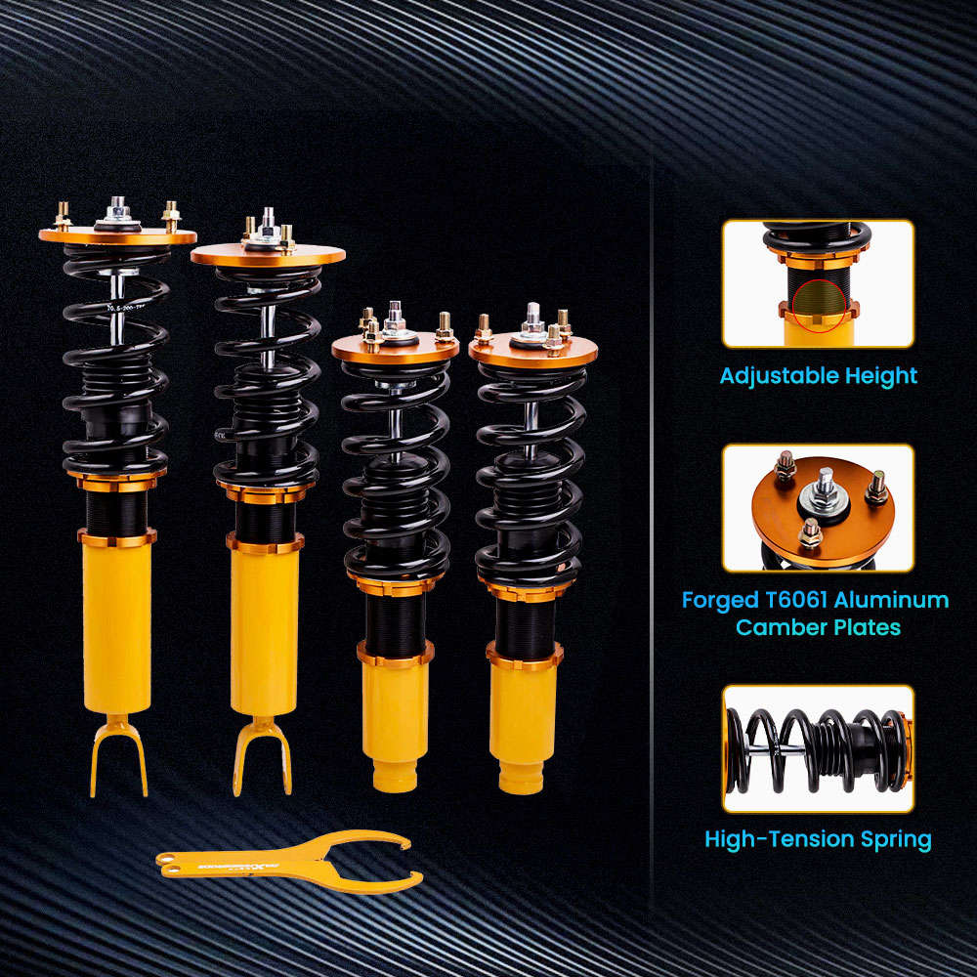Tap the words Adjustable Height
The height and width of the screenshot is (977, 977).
[x=819, y=375]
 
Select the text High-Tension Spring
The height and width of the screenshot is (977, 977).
[x=818, y=838]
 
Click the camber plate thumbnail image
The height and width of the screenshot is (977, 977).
[x=818, y=507]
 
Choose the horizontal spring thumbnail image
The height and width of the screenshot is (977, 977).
[x=818, y=748]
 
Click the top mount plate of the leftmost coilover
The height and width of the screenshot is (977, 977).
[x=117, y=236]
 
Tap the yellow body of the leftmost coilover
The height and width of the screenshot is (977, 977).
[x=117, y=625]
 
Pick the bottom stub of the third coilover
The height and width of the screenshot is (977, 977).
[x=395, y=778]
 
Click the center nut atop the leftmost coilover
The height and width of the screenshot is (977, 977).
[x=118, y=207]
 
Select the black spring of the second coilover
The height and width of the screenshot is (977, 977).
[x=267, y=371]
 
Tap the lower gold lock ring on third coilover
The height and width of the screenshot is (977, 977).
[x=395, y=654]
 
